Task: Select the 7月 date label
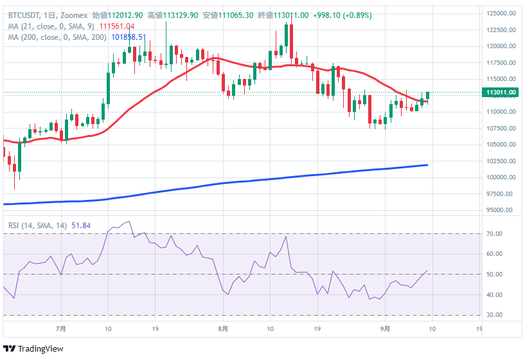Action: tap(61, 328)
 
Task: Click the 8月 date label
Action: tap(222, 328)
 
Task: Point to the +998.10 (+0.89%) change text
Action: tap(342, 15)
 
